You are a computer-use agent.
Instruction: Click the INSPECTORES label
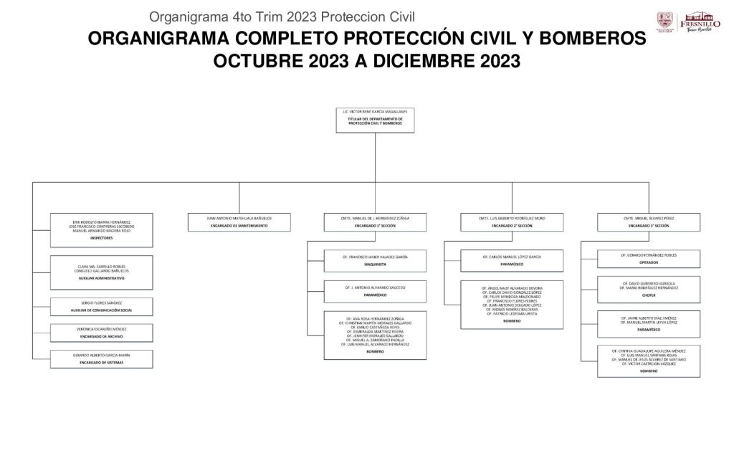[x=102, y=238]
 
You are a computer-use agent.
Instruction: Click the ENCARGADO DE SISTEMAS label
[x=102, y=363]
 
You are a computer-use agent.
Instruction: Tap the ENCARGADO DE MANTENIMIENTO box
[x=239, y=222]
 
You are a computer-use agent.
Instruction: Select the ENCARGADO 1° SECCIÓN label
[x=376, y=226]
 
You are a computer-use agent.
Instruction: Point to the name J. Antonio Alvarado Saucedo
[x=376, y=287]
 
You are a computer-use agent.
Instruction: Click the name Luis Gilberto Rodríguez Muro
[x=512, y=217]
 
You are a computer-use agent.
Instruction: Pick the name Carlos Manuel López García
[x=512, y=256]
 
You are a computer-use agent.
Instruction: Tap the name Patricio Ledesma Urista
[x=512, y=313]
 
